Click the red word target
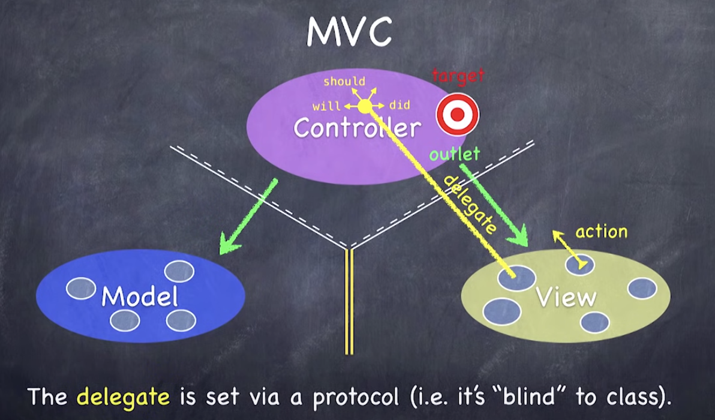click(x=458, y=76)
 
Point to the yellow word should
click(x=344, y=81)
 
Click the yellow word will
click(x=327, y=107)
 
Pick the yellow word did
click(x=399, y=106)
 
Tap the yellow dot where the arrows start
click(x=365, y=107)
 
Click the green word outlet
click(x=455, y=154)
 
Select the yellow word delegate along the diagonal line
click(x=471, y=205)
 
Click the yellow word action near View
click(x=601, y=232)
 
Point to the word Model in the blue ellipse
click(x=140, y=296)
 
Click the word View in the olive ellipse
click(x=566, y=297)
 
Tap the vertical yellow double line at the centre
click(x=349, y=300)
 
